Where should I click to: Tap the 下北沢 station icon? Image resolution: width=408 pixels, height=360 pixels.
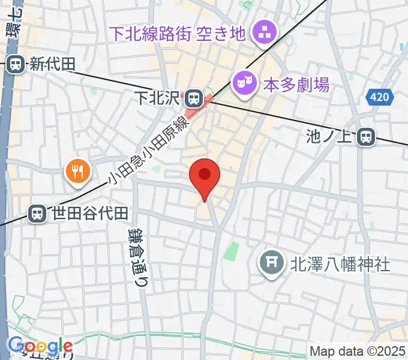(x=193, y=97)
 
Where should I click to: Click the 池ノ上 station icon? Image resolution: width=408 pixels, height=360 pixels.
(x=365, y=138)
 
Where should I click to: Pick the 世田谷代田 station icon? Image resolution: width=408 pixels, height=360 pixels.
(x=37, y=212)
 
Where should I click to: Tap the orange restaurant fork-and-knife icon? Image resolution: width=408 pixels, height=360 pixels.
(x=77, y=173)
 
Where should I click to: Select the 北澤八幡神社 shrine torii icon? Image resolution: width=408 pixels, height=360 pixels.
(x=271, y=262)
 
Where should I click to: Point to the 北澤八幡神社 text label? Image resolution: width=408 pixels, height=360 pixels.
(x=340, y=263)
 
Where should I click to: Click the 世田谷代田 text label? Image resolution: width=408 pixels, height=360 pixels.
(x=90, y=212)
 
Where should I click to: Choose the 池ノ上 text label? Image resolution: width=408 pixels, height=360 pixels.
(x=332, y=138)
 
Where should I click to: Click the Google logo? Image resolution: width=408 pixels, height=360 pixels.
(x=40, y=346)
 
